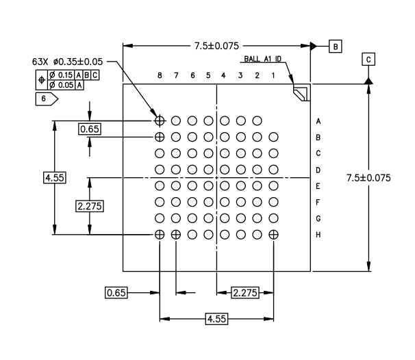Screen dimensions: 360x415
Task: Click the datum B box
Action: (336, 47)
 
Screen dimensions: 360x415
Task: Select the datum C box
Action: (369, 60)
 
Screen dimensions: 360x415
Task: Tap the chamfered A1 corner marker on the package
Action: (301, 94)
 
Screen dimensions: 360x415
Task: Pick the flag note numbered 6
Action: (46, 99)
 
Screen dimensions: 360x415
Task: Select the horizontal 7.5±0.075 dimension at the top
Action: (216, 46)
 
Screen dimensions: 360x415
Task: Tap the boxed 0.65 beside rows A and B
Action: (90, 129)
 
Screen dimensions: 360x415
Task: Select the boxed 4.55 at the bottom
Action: (216, 318)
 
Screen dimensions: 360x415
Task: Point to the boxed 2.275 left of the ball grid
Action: (90, 205)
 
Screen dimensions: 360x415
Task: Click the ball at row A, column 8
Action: (160, 120)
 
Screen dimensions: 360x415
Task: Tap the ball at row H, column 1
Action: (273, 235)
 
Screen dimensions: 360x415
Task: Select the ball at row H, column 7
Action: (176, 235)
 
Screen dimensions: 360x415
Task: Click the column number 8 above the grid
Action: (160, 75)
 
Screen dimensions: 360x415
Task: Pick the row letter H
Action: (318, 235)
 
